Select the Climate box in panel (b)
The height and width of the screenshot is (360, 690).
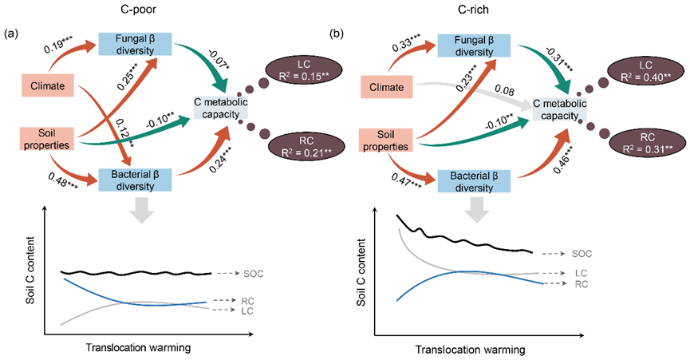point(385,87)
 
